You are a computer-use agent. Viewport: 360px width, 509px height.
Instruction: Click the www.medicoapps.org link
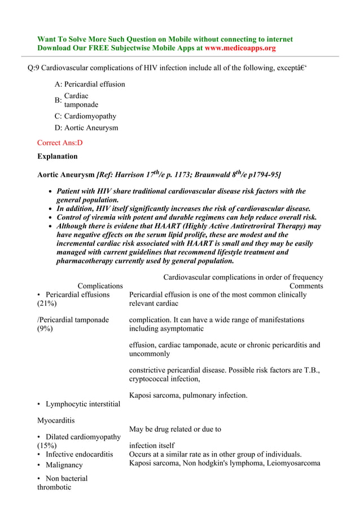point(240,49)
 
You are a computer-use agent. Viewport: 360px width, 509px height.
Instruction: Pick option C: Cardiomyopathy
point(85,116)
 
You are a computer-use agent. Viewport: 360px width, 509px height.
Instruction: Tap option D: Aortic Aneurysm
point(86,128)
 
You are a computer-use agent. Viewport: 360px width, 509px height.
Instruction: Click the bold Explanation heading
point(57,156)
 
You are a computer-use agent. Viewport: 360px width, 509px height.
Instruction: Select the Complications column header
point(100,286)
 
